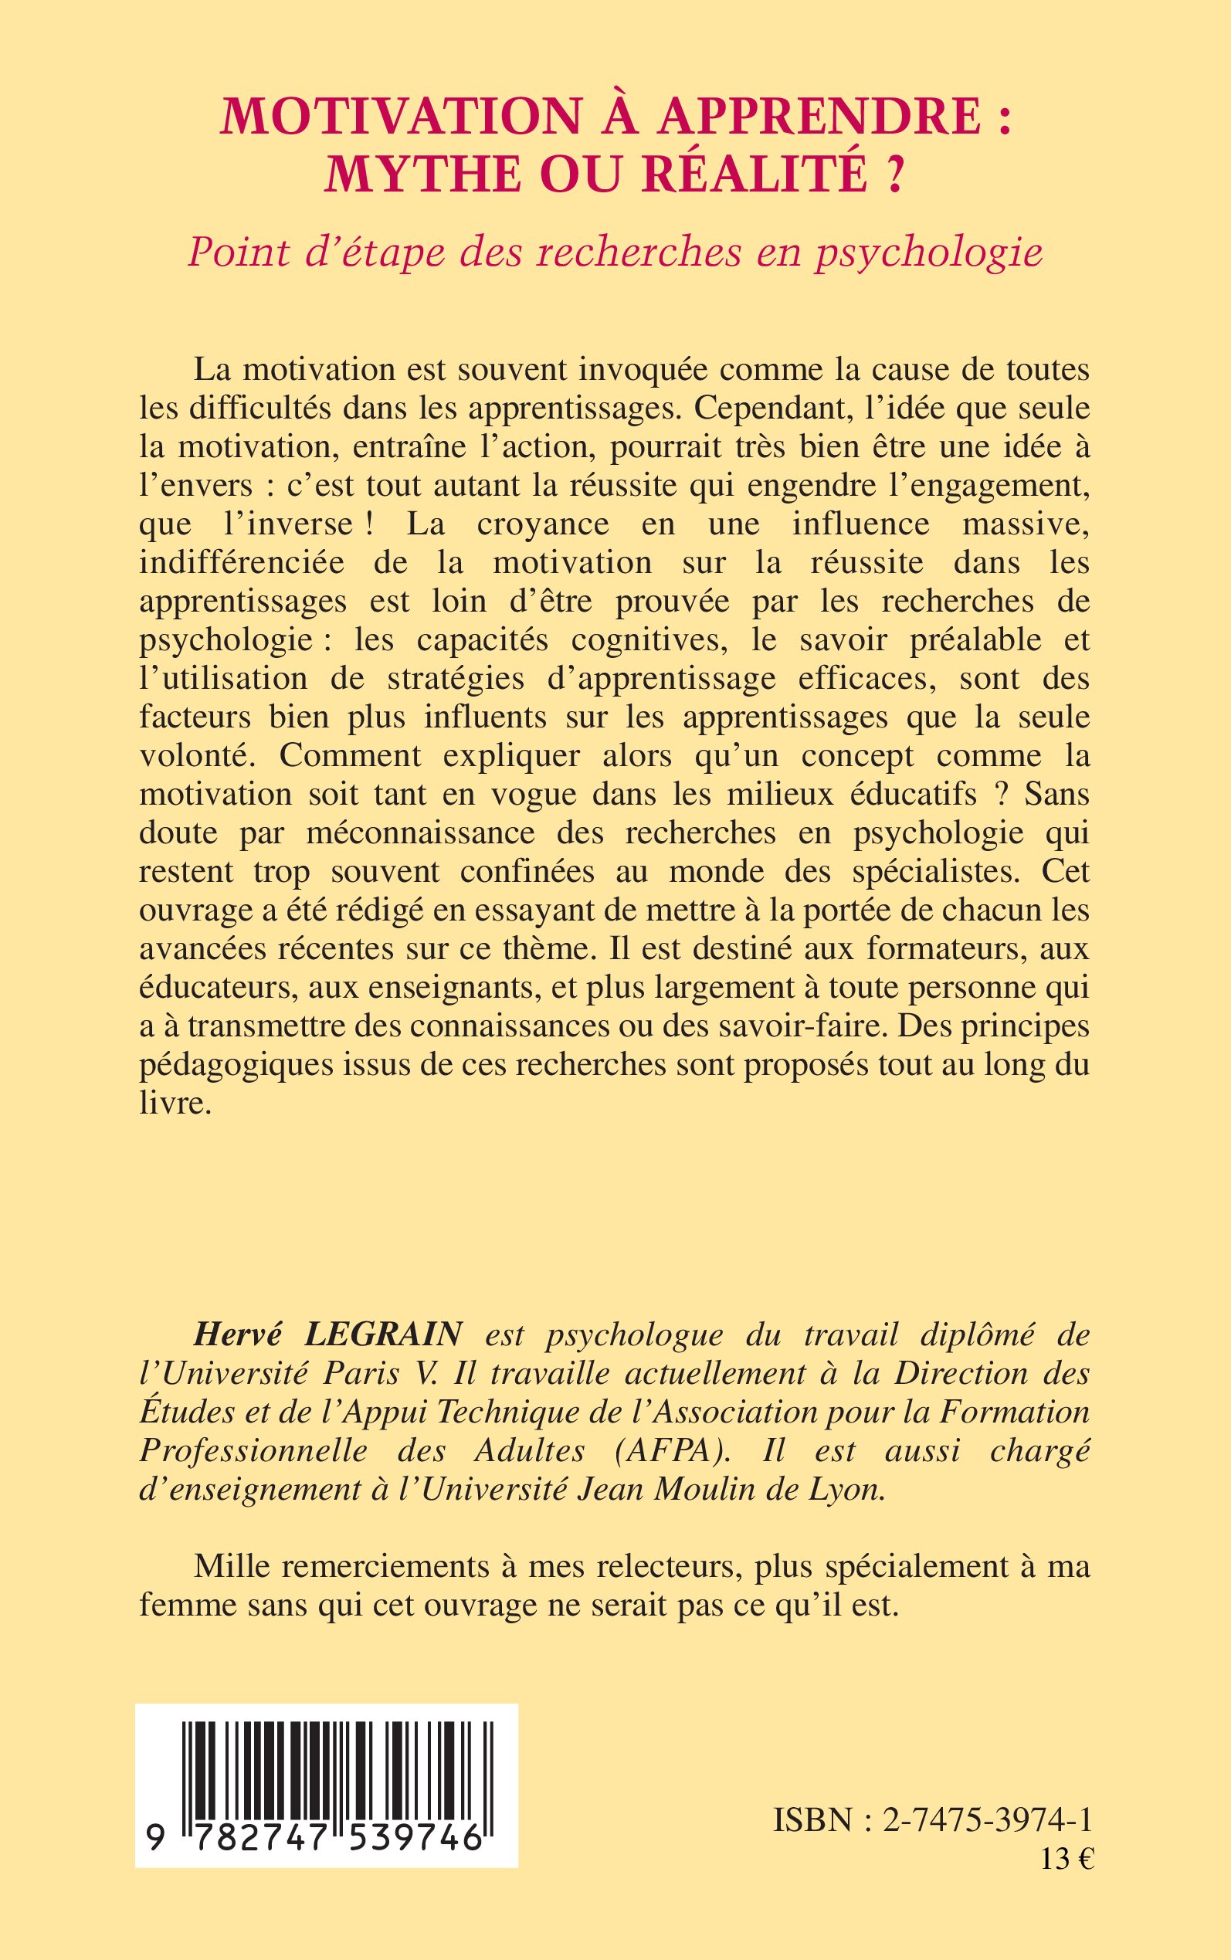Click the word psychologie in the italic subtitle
[929, 253]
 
